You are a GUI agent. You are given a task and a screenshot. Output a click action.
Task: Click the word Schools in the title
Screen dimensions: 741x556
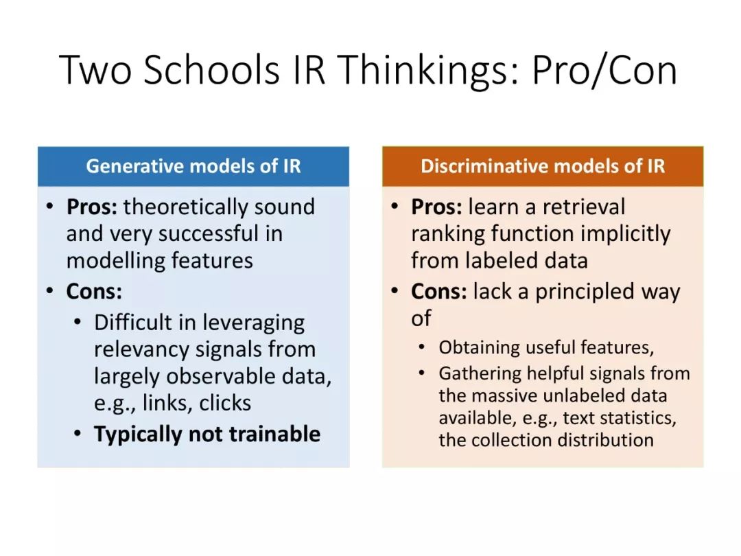[x=211, y=69]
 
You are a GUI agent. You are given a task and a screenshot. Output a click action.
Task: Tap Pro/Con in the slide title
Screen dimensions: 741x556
[x=604, y=70]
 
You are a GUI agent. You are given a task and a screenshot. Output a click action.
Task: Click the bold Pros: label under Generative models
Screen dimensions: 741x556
[x=92, y=207]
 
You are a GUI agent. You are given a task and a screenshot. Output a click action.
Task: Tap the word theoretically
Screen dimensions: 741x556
[x=186, y=207]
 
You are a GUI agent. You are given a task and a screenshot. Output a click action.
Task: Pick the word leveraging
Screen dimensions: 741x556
[x=253, y=323]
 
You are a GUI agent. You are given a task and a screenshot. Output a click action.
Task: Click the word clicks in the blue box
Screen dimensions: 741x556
[x=225, y=403]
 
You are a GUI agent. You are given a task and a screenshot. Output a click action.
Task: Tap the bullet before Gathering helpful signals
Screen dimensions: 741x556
[x=421, y=373]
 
